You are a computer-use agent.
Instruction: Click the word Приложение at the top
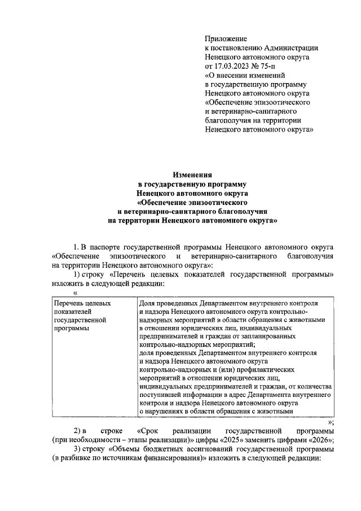tap(226, 39)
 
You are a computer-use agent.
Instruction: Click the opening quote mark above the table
tap(75, 292)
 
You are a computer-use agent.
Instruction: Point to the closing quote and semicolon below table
tap(331, 422)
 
